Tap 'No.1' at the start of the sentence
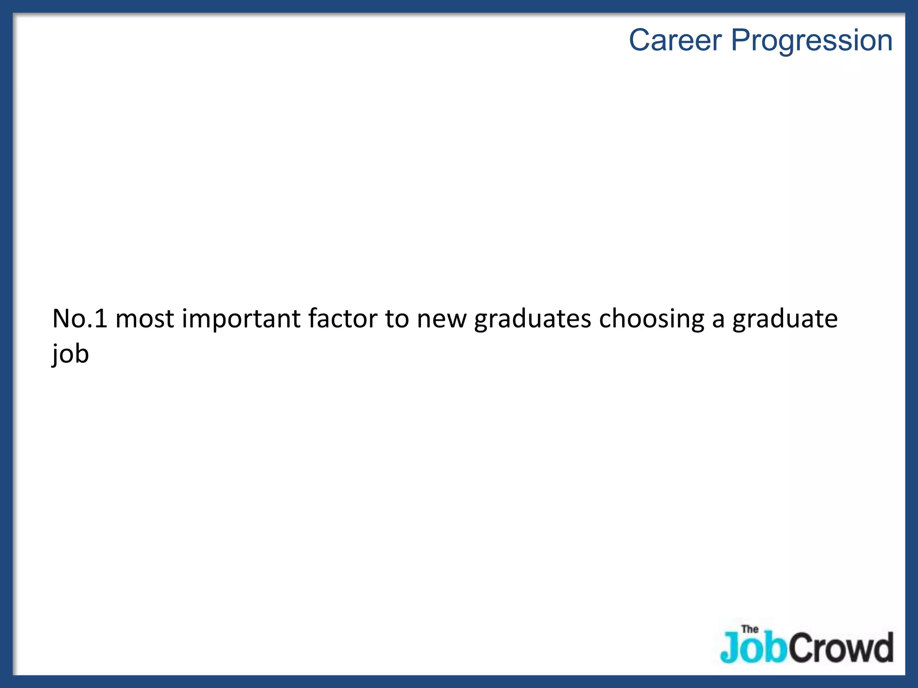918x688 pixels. [x=80, y=319]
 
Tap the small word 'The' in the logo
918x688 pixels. [x=750, y=629]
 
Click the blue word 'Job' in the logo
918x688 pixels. [x=753, y=648]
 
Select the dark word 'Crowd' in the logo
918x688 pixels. [x=840, y=648]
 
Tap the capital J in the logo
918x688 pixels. [x=729, y=648]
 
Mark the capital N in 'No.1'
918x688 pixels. [x=62, y=319]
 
